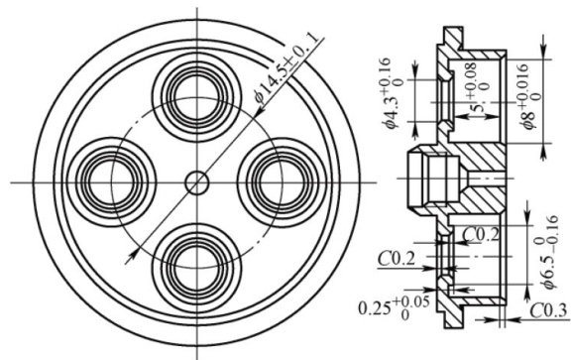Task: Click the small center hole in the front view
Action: (x=197, y=182)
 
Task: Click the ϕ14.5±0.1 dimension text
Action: (x=286, y=67)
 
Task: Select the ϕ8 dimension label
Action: (x=529, y=118)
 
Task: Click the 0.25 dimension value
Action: (x=375, y=308)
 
